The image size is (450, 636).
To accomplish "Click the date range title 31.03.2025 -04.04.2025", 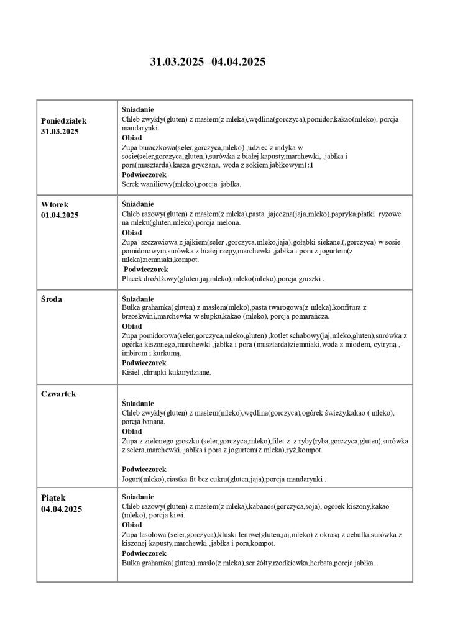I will tap(208, 61).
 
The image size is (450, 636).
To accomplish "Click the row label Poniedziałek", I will tap(63, 120).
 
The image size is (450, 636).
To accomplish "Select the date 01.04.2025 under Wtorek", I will tap(60, 215).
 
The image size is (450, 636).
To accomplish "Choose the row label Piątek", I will tap(53, 497).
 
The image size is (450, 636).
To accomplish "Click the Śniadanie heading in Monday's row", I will tap(138, 109).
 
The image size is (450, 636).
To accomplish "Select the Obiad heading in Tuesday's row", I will tap(132, 232).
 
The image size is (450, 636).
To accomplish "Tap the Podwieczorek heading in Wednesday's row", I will tap(144, 363).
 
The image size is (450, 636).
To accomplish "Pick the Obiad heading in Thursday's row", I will tap(132, 431).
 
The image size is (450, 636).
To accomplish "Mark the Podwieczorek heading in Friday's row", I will tap(144, 553).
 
